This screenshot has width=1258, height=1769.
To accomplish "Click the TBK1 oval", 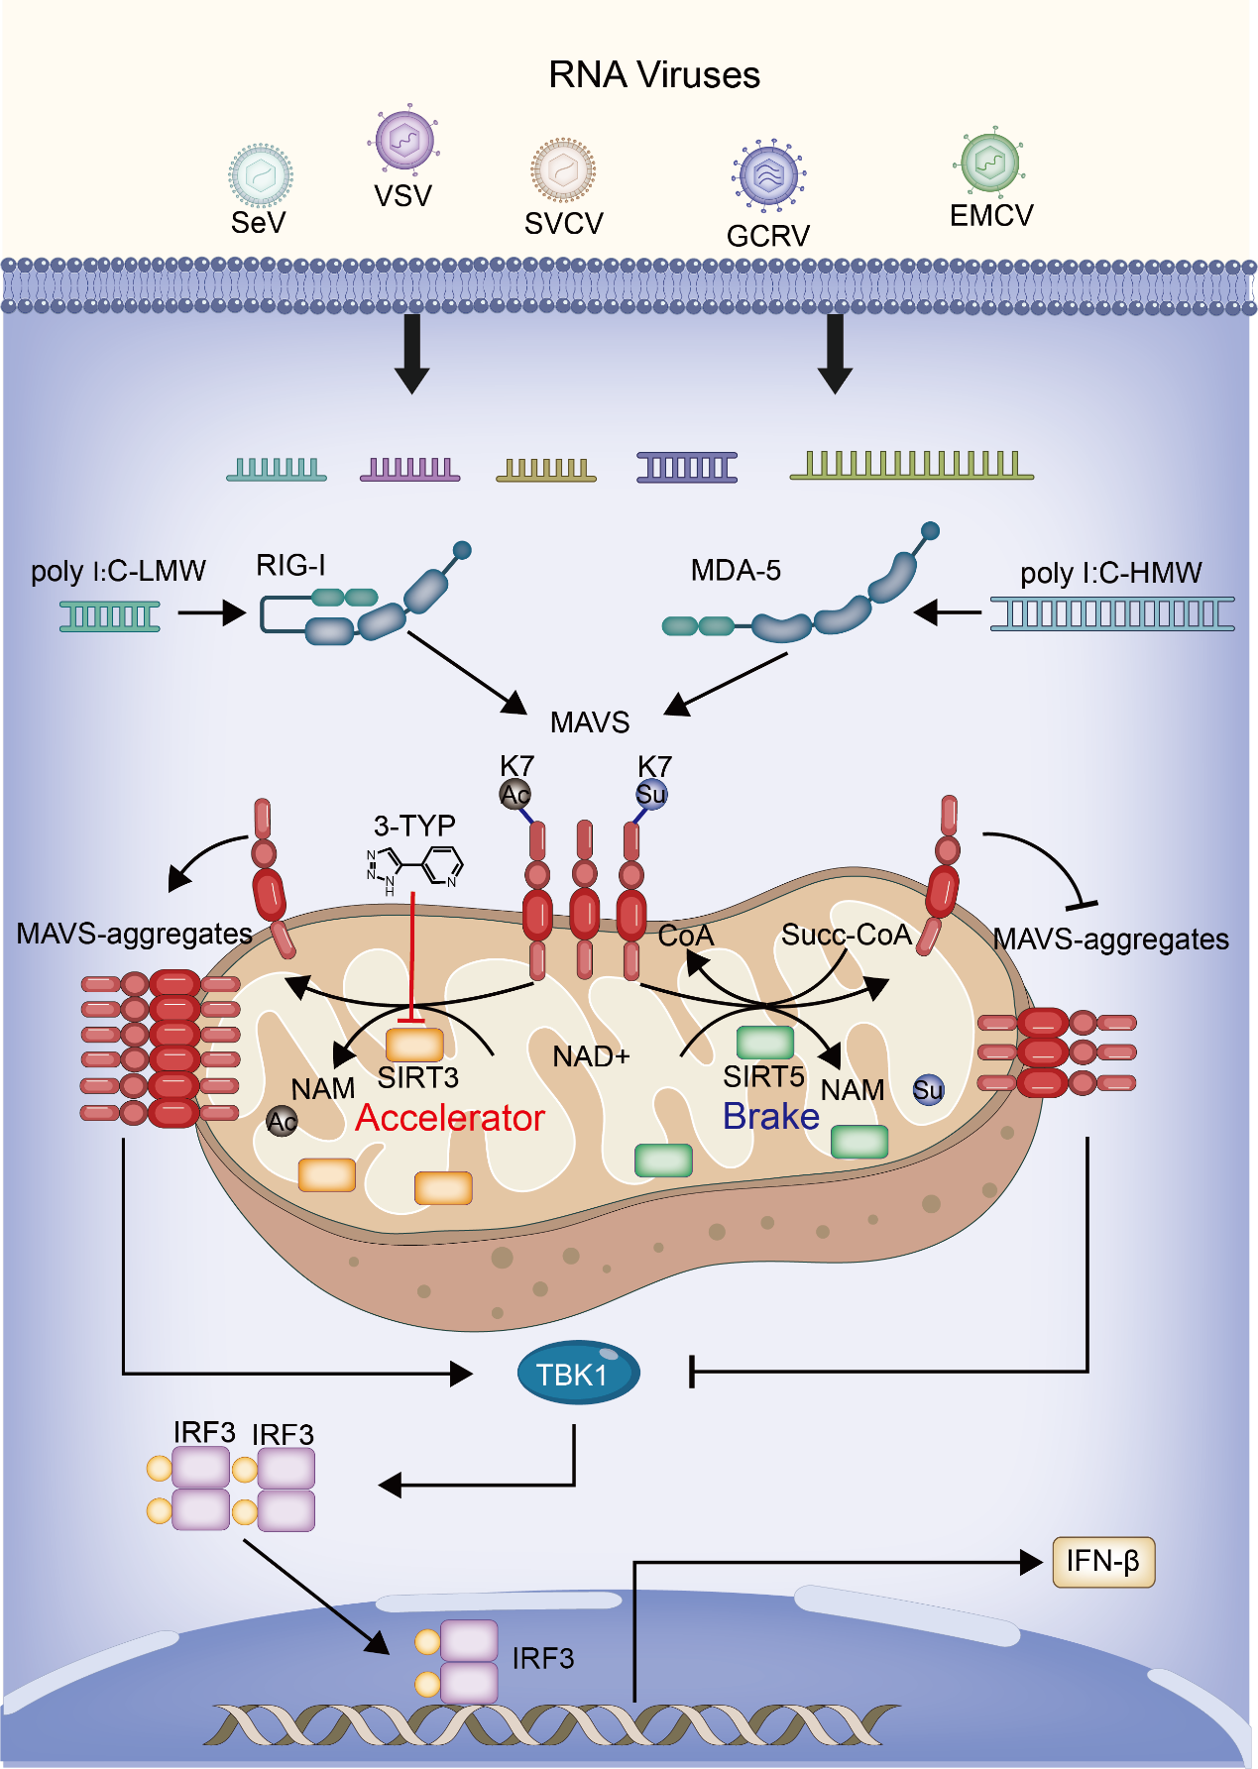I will click(578, 1373).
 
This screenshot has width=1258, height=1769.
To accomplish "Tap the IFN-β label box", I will click(1102, 1562).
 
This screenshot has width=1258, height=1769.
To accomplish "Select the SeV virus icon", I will click(260, 175).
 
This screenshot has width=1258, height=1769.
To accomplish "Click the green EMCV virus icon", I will click(990, 162).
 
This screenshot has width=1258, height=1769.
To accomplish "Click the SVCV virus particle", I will click(563, 169).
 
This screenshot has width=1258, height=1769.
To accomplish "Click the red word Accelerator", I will click(450, 1118).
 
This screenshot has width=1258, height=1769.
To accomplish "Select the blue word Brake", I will click(770, 1116).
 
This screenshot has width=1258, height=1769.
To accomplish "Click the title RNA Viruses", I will click(654, 75).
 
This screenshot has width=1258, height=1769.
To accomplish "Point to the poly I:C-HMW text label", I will click(1110, 573).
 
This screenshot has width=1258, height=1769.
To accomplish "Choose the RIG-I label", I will click(290, 565).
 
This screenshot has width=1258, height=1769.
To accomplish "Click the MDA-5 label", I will click(736, 570).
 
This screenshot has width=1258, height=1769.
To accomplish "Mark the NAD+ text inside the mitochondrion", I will click(591, 1056).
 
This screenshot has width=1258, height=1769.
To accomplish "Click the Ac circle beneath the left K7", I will click(515, 794).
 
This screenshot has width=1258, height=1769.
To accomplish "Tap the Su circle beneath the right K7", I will click(651, 794).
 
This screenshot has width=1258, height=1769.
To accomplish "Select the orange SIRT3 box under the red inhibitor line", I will click(414, 1045).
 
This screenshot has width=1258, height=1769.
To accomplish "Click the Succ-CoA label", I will click(846, 935).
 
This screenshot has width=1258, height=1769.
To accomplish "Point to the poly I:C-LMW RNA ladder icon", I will click(110, 616).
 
